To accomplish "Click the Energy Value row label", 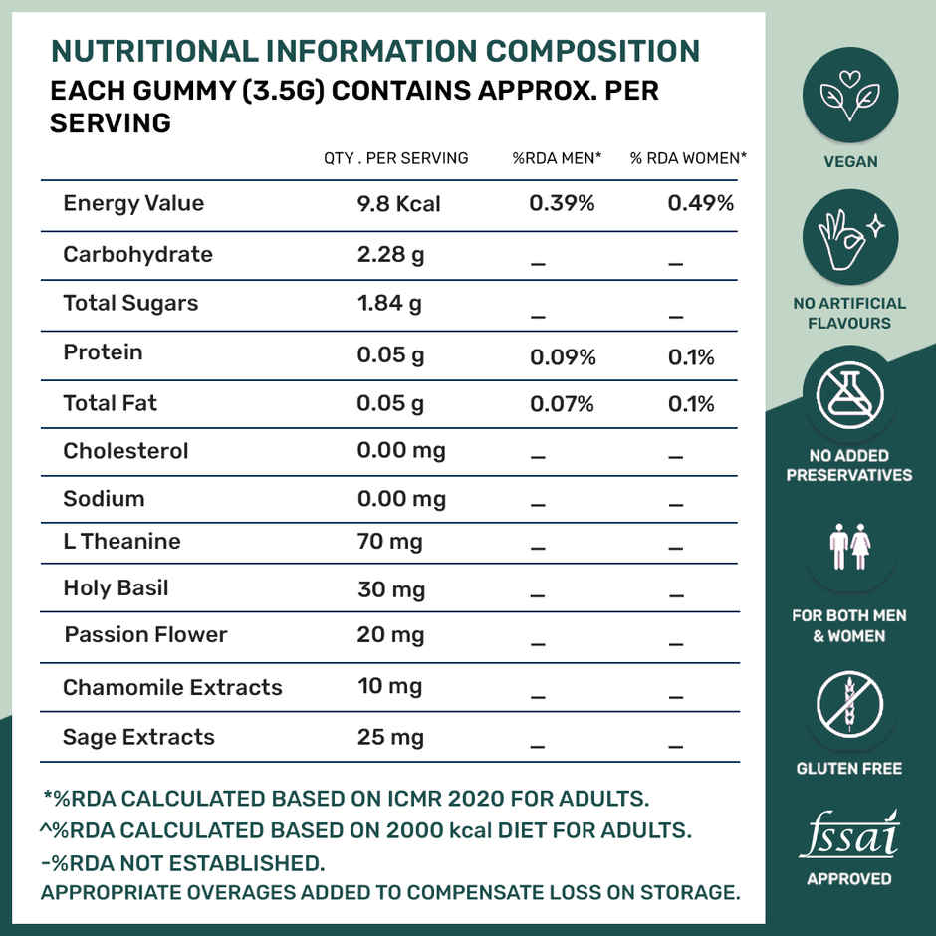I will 133,204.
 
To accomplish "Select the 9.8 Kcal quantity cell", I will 398,204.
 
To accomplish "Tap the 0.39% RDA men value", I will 562,204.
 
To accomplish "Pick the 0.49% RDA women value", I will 700,204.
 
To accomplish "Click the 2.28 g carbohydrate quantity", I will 390,255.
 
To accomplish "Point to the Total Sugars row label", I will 130,304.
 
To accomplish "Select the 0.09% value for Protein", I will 562,357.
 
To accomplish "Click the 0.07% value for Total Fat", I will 562,404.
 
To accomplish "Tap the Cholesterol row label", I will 125,451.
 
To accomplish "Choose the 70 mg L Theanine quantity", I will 389,543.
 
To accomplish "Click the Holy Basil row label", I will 116,588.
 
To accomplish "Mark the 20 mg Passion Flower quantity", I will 390,635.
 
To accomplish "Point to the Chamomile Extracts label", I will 172,688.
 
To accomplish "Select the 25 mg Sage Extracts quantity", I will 390,738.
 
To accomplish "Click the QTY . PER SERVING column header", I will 395,158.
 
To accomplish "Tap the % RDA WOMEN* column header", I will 688,158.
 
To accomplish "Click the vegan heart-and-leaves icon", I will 850,97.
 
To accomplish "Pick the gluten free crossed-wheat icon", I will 850,705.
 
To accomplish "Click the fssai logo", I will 849,836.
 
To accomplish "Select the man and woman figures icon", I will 850,549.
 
